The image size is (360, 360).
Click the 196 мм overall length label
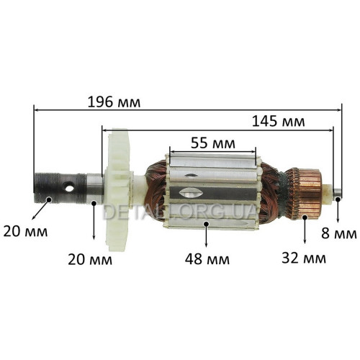(x=114, y=102)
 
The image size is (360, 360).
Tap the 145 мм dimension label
(x=279, y=122)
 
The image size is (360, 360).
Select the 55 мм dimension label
(x=213, y=143)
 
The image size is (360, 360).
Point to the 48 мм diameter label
(x=207, y=259)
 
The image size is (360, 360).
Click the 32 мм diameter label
(x=304, y=258)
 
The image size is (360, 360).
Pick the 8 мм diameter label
(x=339, y=233)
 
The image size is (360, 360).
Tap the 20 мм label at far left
(x=25, y=232)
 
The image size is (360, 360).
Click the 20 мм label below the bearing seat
(x=90, y=259)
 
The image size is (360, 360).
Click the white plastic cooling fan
(x=119, y=189)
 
